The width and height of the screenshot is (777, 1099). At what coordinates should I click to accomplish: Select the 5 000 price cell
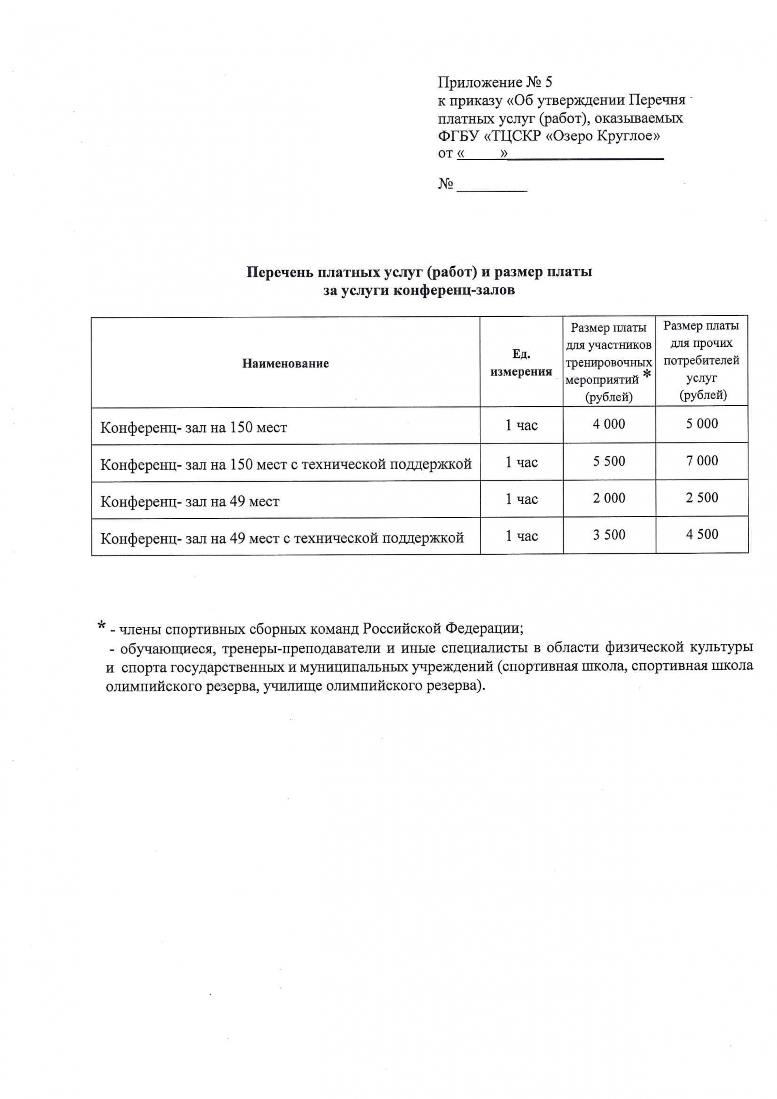coord(702,424)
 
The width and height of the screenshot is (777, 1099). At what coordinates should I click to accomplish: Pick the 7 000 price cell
coord(702,461)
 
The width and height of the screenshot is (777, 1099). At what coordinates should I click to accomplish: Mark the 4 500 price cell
coord(702,534)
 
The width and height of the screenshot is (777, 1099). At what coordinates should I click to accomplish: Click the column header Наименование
coord(285,363)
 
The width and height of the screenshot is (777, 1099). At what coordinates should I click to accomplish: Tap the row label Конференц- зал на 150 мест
coord(194,427)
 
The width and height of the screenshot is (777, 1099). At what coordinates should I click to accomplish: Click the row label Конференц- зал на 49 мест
coord(190,502)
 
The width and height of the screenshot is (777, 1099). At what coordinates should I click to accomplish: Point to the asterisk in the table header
coord(647,375)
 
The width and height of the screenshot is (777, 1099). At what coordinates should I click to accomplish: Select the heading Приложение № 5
coord(495,82)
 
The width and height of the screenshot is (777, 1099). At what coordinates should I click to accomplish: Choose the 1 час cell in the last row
coord(521,536)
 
